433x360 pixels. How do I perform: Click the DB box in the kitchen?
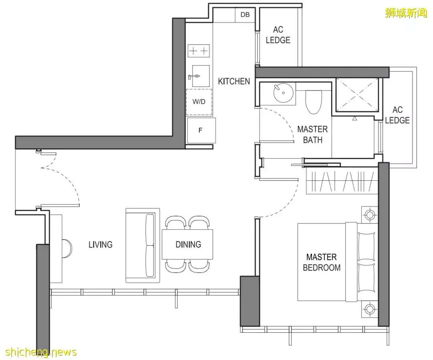pos(245,15)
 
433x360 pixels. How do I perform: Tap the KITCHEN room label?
pos(234,81)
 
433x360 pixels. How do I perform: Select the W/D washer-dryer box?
pos(199,102)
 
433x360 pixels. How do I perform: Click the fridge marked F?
pos(201,130)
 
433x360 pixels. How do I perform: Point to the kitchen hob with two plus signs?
pos(198,51)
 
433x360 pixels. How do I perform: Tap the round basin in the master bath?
pos(283,93)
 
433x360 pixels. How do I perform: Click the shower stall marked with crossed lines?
pos(357,95)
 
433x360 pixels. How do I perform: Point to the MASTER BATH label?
pos(313,134)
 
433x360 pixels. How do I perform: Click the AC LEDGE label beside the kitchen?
pos(278,35)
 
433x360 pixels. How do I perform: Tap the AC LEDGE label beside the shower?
pos(397,115)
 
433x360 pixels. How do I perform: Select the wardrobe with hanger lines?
pos(342,182)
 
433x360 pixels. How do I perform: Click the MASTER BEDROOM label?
pos(322,262)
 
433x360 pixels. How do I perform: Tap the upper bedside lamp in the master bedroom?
pos(370,214)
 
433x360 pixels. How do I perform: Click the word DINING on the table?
pos(188,244)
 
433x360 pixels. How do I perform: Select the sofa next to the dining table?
pos(143,245)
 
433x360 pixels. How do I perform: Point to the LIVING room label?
pos(101,245)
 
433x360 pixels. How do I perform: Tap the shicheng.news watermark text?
pos(41,352)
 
